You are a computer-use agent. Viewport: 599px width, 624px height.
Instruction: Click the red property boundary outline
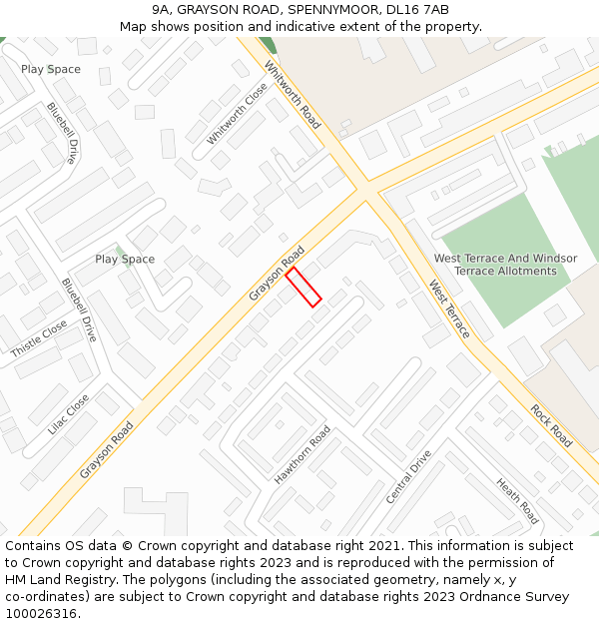[x=303, y=287]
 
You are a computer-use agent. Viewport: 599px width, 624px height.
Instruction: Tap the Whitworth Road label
[x=293, y=95]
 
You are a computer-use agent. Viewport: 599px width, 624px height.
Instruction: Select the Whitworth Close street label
[x=238, y=114]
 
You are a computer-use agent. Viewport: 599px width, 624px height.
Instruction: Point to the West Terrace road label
[x=449, y=309]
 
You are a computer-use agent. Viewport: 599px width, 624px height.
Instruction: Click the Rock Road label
[x=551, y=425]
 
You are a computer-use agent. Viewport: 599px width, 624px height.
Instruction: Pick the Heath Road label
[x=517, y=500]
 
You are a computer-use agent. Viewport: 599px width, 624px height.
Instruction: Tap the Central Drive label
[x=409, y=476]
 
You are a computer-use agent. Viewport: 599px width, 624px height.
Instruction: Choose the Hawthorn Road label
[x=302, y=455]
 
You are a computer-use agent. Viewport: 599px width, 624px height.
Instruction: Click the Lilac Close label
[x=69, y=413]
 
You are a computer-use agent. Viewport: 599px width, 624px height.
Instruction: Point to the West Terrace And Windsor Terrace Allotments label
[x=505, y=265]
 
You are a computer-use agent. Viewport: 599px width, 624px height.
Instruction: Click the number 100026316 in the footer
[x=40, y=614]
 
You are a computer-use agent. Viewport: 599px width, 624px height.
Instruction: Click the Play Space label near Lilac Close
[x=125, y=260]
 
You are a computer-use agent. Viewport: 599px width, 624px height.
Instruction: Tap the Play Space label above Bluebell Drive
[x=51, y=70]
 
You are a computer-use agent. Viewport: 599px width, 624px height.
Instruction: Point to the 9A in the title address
[x=163, y=10]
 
